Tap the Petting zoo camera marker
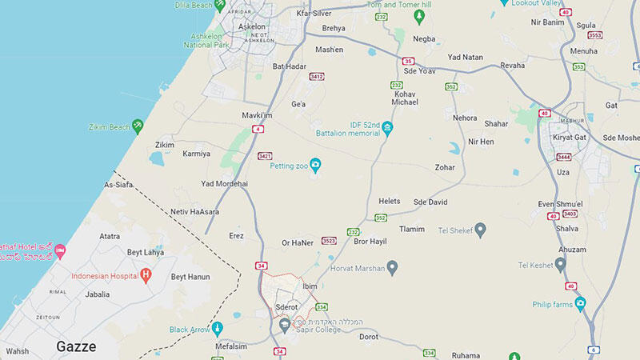pos(315,165)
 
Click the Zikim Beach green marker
pos(138,126)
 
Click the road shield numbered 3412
pos(317,77)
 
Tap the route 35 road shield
pos(408,61)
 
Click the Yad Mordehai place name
pos(224,183)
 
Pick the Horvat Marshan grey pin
pos(392,267)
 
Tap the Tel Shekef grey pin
pos(481,230)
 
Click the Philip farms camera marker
pos(580,304)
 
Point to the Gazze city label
pos(76,346)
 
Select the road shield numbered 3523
pos(329,240)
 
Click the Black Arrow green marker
pos(214,329)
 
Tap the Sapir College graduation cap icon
pos(285,324)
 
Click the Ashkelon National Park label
pos(206,40)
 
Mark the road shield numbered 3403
pos(570,214)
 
